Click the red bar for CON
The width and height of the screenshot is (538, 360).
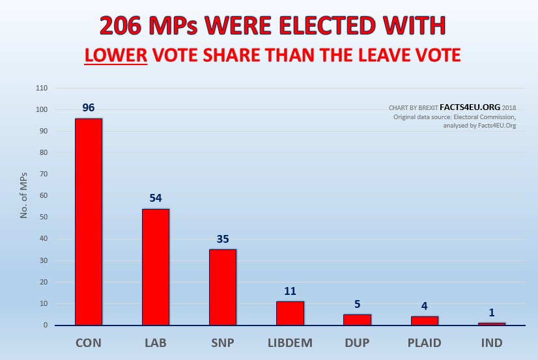pos(89,221)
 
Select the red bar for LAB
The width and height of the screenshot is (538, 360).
pos(156,266)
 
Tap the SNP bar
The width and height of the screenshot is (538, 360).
pos(223,286)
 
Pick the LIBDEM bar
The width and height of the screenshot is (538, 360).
pos(290,312)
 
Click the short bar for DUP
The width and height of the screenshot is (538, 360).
pos(357,319)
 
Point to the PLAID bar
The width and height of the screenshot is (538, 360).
pos(425,320)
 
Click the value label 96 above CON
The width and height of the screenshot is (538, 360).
pos(89,107)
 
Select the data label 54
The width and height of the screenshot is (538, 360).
pos(156,198)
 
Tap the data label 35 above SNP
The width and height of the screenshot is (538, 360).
pos(223,239)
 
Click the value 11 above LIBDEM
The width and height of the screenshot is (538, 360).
pos(290,290)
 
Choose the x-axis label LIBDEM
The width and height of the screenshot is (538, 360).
pos(290,343)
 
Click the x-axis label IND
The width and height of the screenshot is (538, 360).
pos(492,343)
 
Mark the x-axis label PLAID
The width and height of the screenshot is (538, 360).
pos(425,343)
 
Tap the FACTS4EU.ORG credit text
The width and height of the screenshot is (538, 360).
pos(470,107)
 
